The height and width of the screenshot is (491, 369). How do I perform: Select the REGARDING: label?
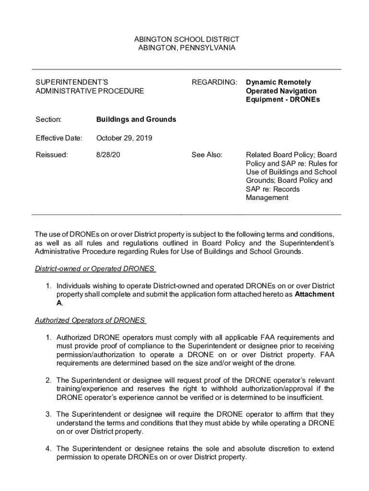click(x=214, y=82)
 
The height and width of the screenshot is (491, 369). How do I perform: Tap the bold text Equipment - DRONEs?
click(x=283, y=99)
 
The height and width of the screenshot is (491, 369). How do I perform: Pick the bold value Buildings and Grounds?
click(x=136, y=119)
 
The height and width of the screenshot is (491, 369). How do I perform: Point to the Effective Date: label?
click(x=59, y=138)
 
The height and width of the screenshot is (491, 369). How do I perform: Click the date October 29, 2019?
click(x=124, y=138)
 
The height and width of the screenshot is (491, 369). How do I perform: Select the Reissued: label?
click(x=51, y=155)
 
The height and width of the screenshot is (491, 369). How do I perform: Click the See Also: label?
click(x=207, y=155)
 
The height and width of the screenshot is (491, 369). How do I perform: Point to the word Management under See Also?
click(x=267, y=198)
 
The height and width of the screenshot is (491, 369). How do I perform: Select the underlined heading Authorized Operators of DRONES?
click(x=90, y=320)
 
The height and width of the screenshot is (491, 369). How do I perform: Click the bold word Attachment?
click(x=314, y=294)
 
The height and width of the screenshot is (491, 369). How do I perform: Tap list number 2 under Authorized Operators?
click(x=48, y=380)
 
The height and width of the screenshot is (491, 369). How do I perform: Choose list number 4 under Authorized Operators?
click(x=48, y=448)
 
